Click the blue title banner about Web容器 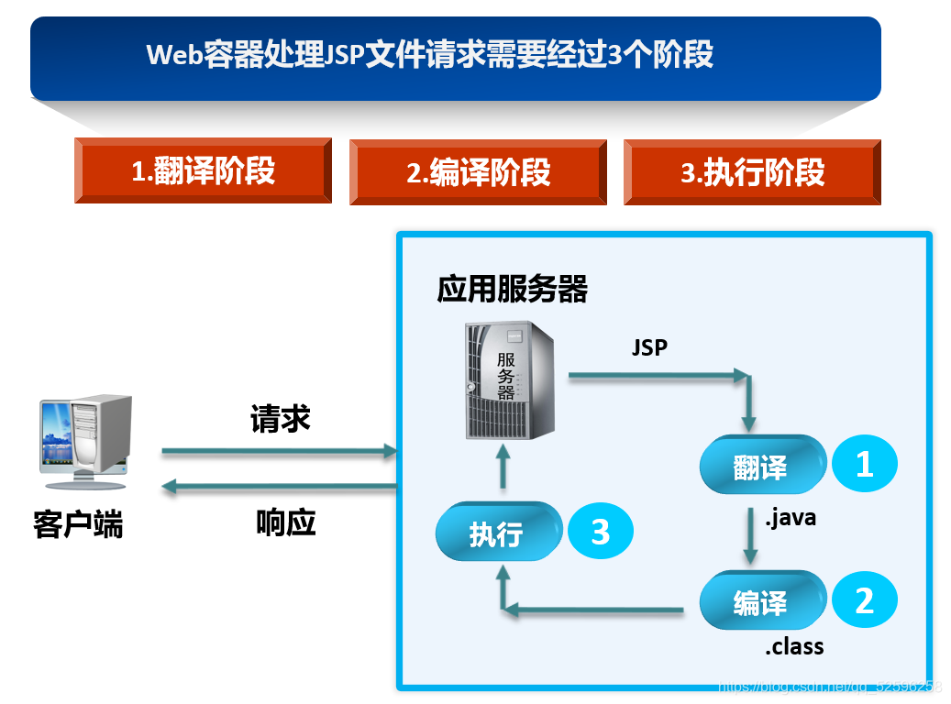tap(456, 57)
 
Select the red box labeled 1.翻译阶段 tap(203, 170)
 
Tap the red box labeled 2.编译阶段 tap(478, 171)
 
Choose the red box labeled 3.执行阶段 tap(752, 171)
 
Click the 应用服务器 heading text tap(512, 290)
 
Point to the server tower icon tap(510, 379)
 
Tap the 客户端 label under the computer tap(78, 526)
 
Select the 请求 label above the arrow tap(281, 419)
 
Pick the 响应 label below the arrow tap(285, 522)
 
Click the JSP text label tap(649, 347)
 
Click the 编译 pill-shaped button tap(760, 602)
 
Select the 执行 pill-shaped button tap(498, 533)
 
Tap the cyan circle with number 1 tap(864, 465)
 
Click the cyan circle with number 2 tap(864, 601)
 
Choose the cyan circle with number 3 tap(601, 532)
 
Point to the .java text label tap(790, 518)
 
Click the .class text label tap(794, 647)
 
